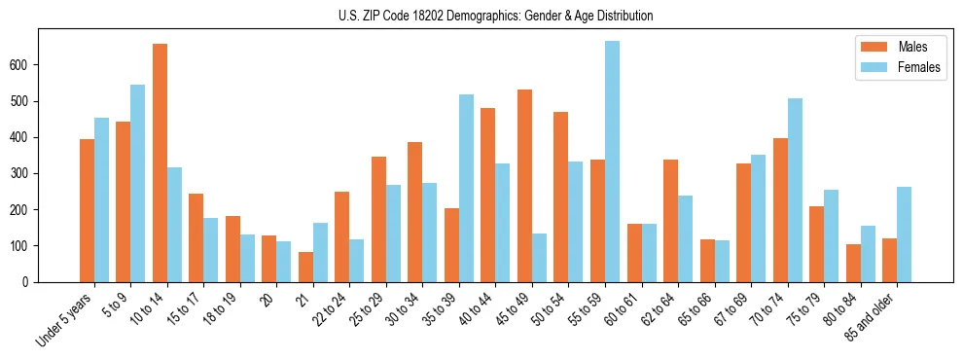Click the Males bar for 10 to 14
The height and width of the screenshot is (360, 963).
(160, 162)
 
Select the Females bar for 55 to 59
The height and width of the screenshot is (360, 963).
(612, 162)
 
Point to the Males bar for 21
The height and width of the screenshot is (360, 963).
(305, 267)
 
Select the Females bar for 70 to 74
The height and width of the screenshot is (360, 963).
(795, 190)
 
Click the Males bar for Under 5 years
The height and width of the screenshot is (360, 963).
(87, 210)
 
